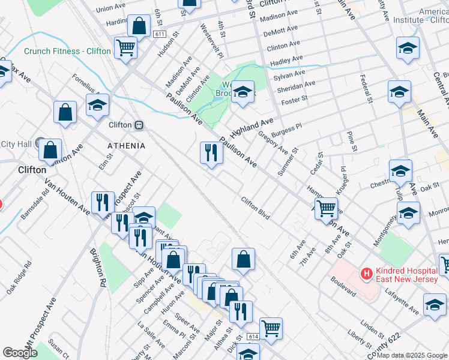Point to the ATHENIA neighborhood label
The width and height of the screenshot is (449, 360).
click(126, 146)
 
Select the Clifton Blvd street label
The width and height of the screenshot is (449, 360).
click(255, 208)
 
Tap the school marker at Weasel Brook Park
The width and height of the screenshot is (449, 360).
click(243, 92)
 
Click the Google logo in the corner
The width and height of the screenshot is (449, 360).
click(20, 353)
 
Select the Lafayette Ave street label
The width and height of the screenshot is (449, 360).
click(405, 300)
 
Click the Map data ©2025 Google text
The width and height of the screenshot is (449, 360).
click(412, 355)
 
